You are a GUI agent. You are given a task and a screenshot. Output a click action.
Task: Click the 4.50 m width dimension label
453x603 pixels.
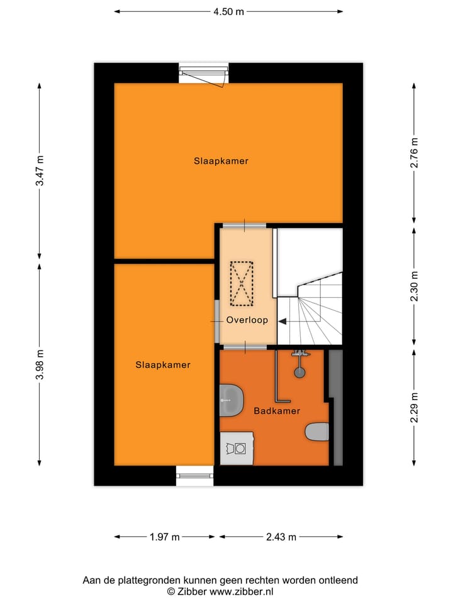coord(227,11)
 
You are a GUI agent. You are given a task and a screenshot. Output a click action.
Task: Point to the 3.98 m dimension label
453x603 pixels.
coord(40,364)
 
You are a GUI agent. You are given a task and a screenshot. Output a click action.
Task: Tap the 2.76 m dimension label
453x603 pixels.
coord(414,153)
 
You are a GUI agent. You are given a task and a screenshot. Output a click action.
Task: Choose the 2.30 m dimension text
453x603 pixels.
coord(414,286)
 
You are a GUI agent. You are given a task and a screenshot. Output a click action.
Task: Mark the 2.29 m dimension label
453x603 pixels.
coord(414,408)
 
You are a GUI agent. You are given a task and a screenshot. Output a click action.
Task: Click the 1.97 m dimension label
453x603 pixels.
coord(165,537)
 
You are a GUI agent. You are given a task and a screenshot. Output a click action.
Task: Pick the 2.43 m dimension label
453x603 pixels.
coord(281,537)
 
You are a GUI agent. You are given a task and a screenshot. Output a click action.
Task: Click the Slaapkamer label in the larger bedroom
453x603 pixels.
coord(221,161)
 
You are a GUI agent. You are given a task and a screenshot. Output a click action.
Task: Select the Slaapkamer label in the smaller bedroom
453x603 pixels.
coord(163,364)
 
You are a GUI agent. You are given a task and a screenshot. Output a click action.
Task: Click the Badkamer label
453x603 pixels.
coord(277,411)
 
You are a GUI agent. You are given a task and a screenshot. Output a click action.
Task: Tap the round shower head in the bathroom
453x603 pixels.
coord(300,372)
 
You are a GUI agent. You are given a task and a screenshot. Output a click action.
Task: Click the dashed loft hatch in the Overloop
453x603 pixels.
coord(241,284)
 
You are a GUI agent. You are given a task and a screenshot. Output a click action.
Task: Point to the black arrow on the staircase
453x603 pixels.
coord(282,321)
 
